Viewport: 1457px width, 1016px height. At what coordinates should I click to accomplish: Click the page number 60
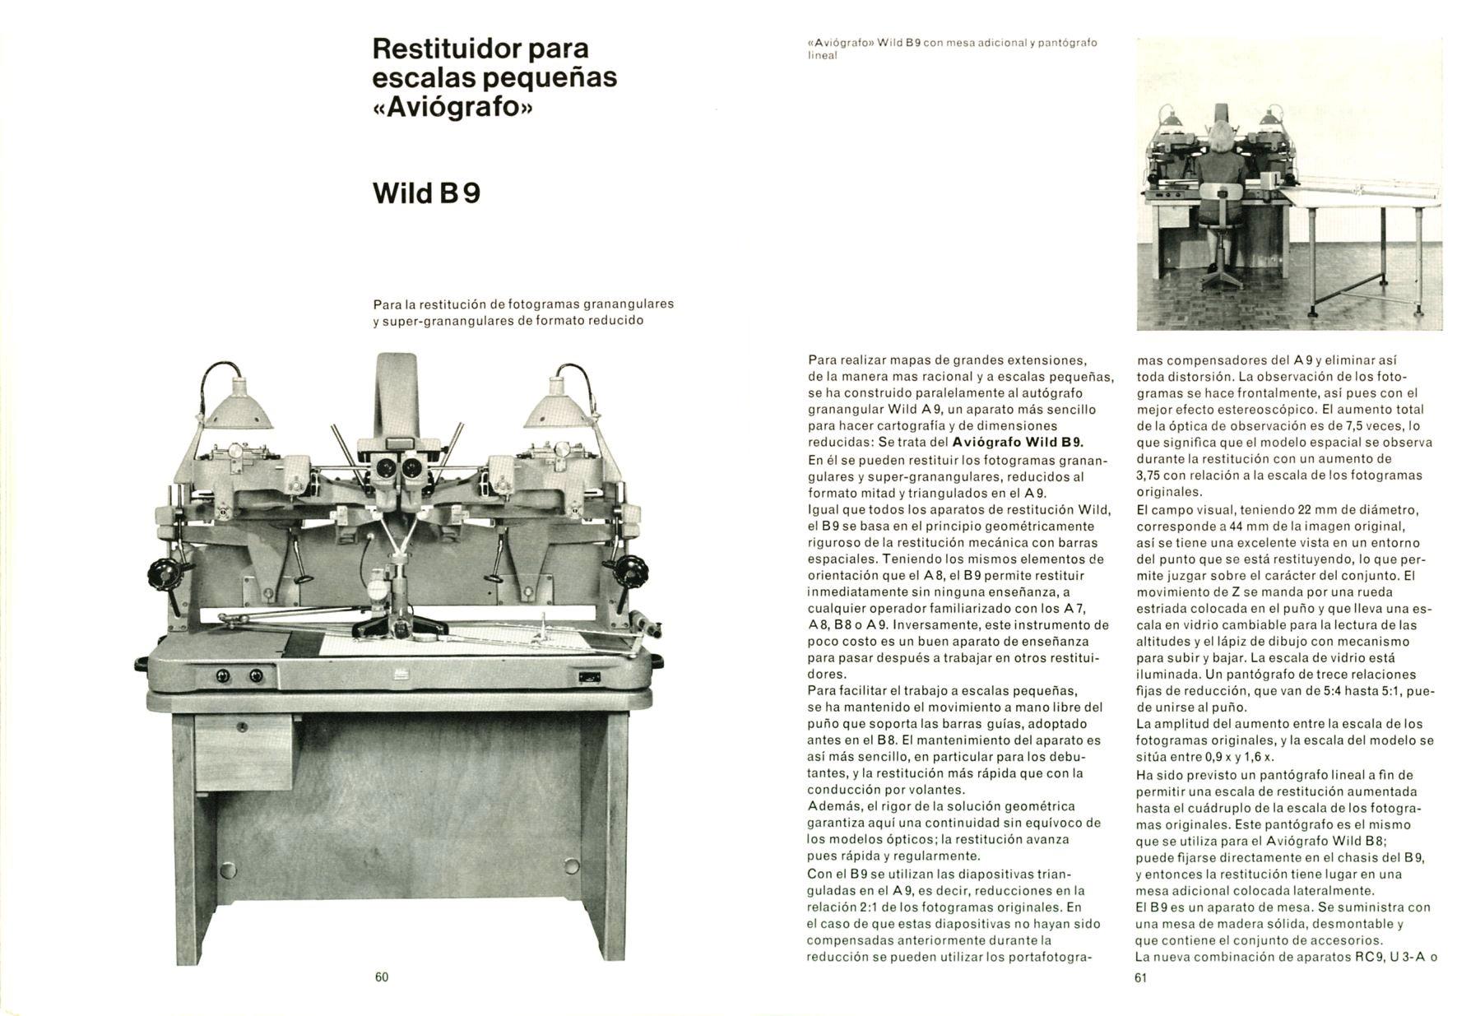(381, 977)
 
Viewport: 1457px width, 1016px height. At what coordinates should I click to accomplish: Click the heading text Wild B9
(426, 193)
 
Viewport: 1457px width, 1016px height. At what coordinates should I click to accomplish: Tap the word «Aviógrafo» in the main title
(452, 108)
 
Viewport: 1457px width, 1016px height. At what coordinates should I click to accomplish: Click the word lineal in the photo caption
(822, 55)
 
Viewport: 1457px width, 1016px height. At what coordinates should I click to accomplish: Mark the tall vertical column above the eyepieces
(397, 395)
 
